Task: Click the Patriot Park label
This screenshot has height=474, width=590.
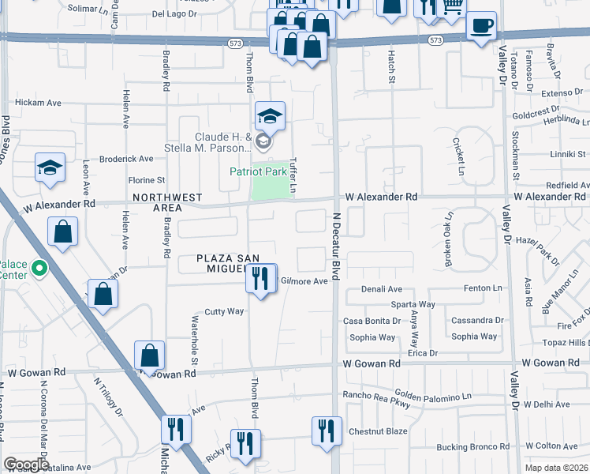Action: pos(258,171)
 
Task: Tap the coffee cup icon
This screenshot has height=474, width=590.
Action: pos(481,25)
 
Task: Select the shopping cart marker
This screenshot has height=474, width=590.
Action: pos(452,8)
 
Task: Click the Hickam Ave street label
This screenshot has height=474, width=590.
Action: pos(38,103)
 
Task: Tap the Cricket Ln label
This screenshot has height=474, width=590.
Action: pos(456,156)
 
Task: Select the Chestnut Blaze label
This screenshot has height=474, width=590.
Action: pos(378,431)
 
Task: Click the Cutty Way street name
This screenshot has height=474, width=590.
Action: pos(225,311)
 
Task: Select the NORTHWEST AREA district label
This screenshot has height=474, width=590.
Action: pos(167,202)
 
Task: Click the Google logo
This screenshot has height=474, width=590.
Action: pos(26,465)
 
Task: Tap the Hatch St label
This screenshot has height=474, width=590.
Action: pos(390,66)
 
